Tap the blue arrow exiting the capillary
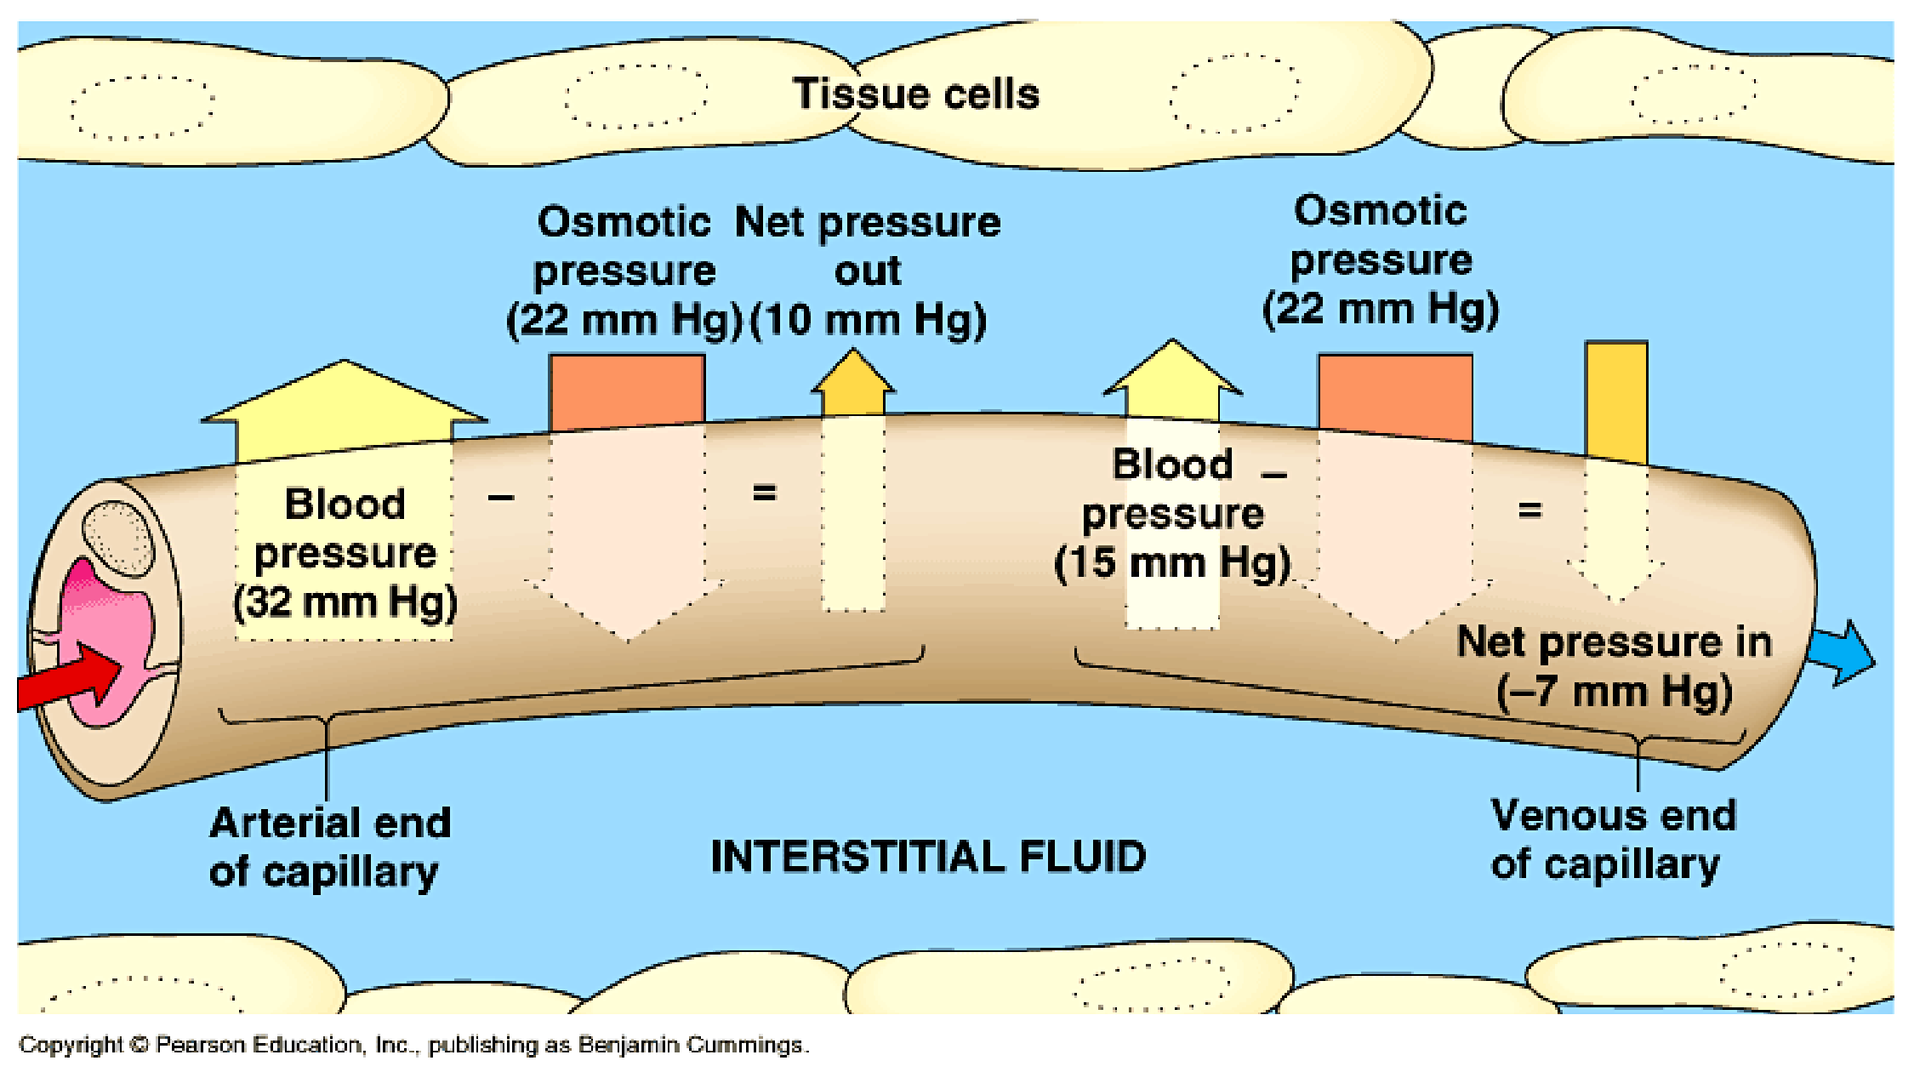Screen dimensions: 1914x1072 pos(1841,653)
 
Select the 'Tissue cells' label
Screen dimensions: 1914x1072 pos(916,94)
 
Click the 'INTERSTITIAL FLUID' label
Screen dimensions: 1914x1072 pos(928,856)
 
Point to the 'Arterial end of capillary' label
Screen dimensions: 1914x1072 pos(330,847)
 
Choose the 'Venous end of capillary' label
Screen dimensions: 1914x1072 pos(1614,841)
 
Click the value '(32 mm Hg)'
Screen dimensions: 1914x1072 pos(345,602)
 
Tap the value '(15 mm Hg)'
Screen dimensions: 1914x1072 pos(1173,563)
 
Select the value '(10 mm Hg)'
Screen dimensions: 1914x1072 pos(869,321)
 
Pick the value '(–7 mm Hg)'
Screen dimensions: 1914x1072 pos(1615,691)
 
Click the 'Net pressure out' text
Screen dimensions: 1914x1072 pos(868,246)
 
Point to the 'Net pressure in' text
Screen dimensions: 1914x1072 pos(1615,642)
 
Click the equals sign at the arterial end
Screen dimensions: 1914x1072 pos(765,492)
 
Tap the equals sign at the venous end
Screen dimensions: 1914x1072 pos(1529,510)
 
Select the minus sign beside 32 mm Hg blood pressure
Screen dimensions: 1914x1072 pos(501,497)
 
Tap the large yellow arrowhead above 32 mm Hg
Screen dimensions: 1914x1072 pos(345,400)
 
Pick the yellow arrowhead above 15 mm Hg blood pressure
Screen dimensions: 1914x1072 pos(1173,374)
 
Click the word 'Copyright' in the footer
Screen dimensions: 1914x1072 pos(71,1045)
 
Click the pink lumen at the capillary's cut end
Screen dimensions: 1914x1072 pos(106,638)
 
